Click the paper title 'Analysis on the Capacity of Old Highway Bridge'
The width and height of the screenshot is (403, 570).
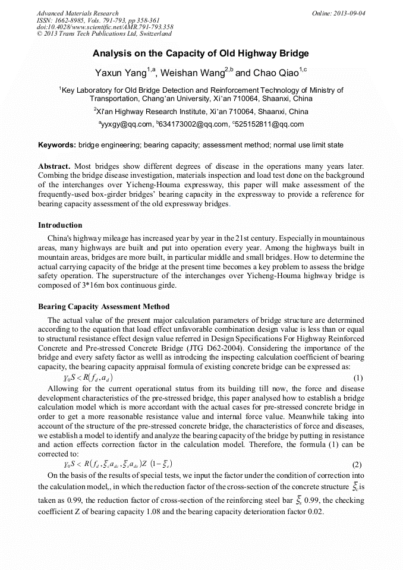pos(200,53)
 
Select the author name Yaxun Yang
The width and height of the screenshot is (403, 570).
pos(121,73)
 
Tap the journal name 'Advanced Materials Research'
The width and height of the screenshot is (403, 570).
pos(77,13)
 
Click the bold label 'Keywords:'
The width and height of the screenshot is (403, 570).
pos(56,145)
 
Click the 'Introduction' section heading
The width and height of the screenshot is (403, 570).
pos(60,225)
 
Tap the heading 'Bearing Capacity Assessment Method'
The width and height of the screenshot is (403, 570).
pos(103,307)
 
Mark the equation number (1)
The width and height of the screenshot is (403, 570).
pos(358,378)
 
